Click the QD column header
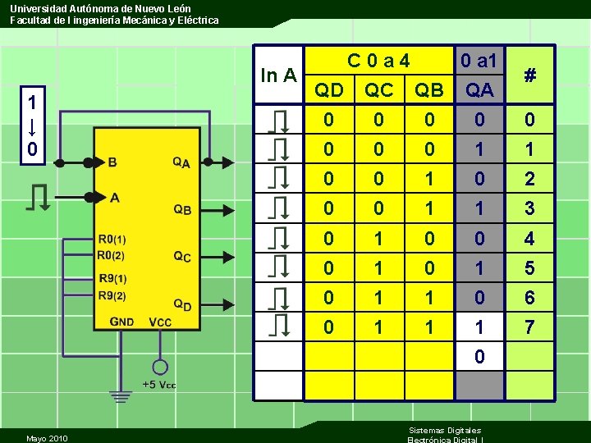click(328, 89)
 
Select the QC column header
click(378, 89)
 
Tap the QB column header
click(428, 89)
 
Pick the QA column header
click(479, 89)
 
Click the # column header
click(530, 75)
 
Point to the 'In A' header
click(278, 75)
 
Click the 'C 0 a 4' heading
click(378, 61)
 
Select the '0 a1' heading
click(479, 61)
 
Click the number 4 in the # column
click(530, 239)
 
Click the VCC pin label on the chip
click(160, 322)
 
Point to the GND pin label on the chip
click(121, 322)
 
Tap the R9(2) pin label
click(112, 295)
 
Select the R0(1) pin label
click(112, 240)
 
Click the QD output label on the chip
click(183, 304)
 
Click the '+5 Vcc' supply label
click(159, 385)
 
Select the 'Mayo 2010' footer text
click(47, 437)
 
